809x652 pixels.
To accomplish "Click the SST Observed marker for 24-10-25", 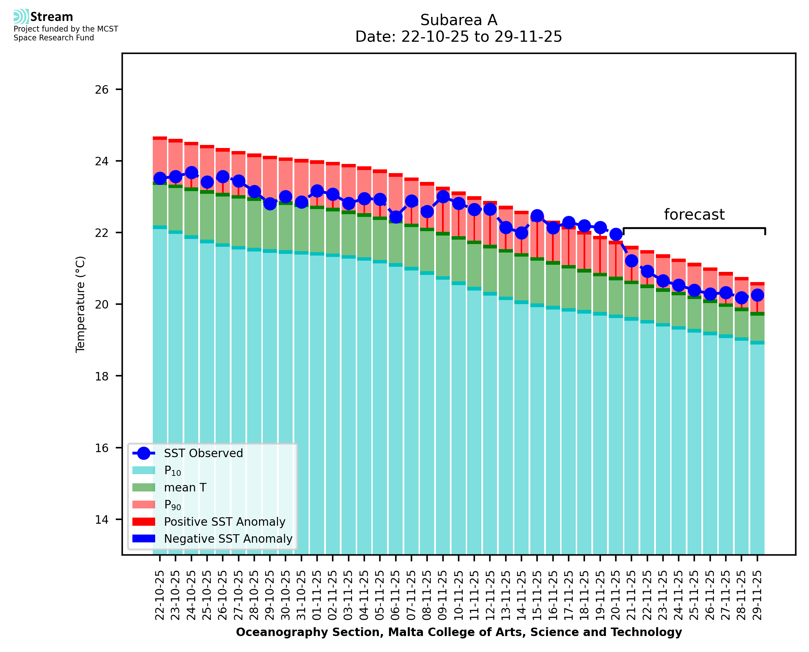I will pyautogui.click(x=191, y=173).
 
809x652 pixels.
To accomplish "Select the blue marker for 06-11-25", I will pyautogui.click(x=396, y=217).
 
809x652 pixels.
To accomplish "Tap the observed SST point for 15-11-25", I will pyautogui.click(x=537, y=216).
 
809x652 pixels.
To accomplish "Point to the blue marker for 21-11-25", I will pyautogui.click(x=631, y=261).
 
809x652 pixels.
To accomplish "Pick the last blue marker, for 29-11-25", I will pyautogui.click(x=757, y=295).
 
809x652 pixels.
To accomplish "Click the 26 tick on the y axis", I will pyautogui.click(x=102, y=89).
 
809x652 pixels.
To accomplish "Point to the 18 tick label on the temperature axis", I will pyautogui.click(x=102, y=376).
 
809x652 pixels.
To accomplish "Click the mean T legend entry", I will pyautogui.click(x=185, y=487).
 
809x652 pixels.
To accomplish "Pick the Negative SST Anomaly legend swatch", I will pyautogui.click(x=144, y=539).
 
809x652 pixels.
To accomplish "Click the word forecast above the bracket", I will pyautogui.click(x=694, y=215).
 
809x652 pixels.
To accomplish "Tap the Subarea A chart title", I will pyautogui.click(x=459, y=20).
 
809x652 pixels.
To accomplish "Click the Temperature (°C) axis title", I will pyautogui.click(x=80, y=304).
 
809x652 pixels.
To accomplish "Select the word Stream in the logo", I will pyautogui.click(x=52, y=17).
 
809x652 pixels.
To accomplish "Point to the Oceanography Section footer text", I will pyautogui.click(x=459, y=632).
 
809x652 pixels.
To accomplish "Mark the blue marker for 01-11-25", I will pyautogui.click(x=317, y=191).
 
